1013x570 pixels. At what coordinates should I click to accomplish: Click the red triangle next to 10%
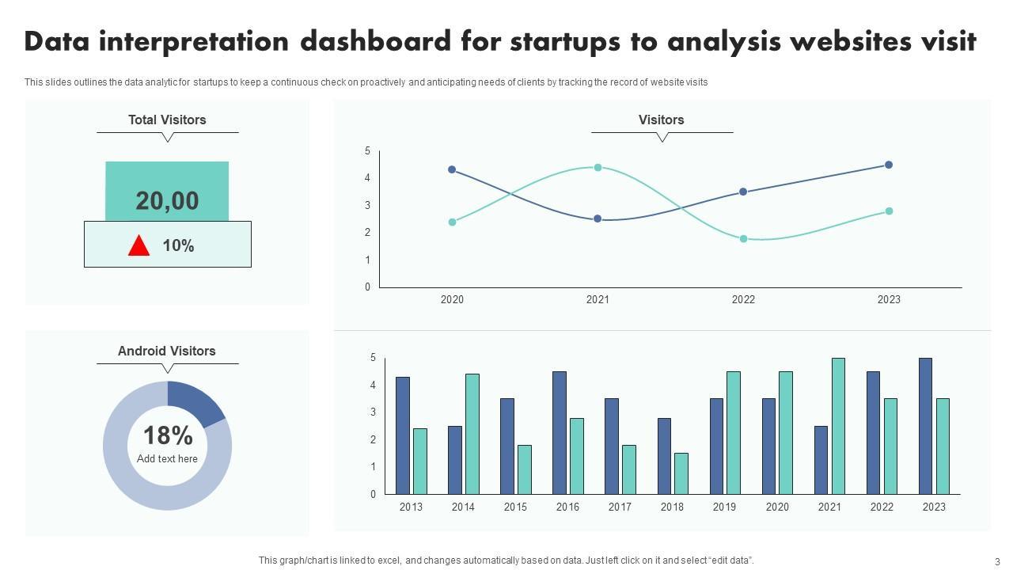tap(138, 246)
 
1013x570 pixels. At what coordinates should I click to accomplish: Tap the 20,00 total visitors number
tap(167, 201)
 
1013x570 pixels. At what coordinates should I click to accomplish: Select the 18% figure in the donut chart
tap(168, 435)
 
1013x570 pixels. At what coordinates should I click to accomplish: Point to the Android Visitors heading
tap(167, 351)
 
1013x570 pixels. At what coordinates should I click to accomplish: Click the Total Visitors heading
tap(167, 120)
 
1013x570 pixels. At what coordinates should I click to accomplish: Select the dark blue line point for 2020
tap(452, 169)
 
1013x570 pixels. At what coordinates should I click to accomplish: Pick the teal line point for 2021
tap(598, 168)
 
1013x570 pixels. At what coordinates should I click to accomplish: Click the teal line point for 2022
tap(743, 238)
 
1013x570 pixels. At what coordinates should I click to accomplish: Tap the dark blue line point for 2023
tap(889, 165)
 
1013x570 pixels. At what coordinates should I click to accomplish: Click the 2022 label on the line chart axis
tap(743, 299)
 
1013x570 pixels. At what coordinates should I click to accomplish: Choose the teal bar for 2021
tap(838, 426)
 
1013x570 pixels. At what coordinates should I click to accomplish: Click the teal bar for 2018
tap(681, 473)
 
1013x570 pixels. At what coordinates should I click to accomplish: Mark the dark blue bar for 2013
tap(402, 435)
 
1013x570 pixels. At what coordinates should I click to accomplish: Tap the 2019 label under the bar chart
tap(724, 507)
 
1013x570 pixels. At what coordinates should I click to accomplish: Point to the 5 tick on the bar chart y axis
tap(374, 358)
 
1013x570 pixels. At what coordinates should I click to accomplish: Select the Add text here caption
tap(167, 458)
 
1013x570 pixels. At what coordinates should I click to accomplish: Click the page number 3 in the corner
tap(997, 561)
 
